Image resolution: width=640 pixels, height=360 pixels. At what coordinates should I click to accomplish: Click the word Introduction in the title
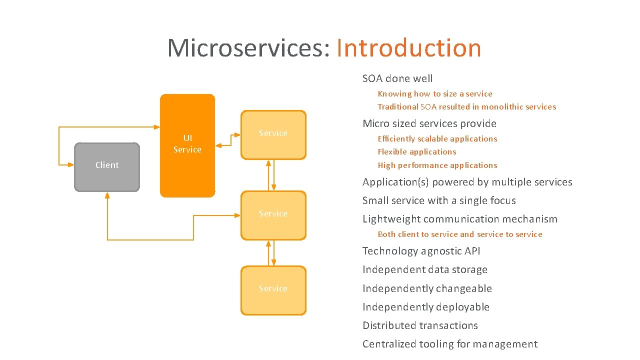(408, 48)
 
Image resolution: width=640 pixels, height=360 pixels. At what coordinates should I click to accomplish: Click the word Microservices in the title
(248, 48)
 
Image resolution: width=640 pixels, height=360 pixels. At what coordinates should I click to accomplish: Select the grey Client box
(107, 167)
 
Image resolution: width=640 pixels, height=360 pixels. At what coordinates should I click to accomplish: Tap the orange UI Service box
(187, 145)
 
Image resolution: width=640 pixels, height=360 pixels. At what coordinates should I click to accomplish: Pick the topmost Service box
(273, 135)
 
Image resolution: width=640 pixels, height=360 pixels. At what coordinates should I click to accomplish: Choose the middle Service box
(273, 215)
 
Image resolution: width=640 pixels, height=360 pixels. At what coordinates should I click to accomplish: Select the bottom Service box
(273, 290)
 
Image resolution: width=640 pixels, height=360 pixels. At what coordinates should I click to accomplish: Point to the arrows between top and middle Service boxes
(271, 175)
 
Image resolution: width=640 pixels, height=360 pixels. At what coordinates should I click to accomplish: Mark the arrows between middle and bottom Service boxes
(271, 253)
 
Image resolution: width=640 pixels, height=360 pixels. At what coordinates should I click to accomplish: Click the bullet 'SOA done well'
(397, 78)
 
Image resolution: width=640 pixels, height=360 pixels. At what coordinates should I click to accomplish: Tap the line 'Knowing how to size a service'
(434, 94)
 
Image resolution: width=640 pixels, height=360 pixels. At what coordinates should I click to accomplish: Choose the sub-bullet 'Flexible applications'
(416, 152)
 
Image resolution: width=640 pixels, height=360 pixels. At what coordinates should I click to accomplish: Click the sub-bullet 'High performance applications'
(437, 165)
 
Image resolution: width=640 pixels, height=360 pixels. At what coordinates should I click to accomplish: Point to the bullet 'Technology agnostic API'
(421, 251)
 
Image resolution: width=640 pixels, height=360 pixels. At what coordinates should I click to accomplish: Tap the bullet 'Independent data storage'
(424, 270)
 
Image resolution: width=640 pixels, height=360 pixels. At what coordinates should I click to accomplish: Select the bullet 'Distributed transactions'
(420, 325)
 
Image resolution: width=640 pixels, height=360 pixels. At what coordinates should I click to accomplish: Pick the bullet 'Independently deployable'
(425, 307)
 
